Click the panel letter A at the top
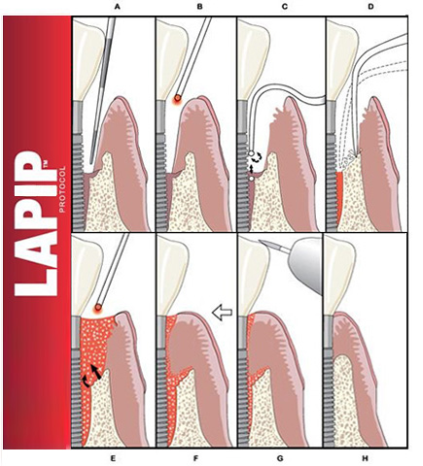(117, 7)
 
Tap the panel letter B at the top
(199, 7)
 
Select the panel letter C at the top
(285, 7)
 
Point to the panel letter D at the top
(370, 7)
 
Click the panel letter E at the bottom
(113, 458)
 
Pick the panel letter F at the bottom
(195, 458)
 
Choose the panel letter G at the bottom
(280, 458)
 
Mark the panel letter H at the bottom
(366, 458)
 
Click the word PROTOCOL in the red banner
(62, 189)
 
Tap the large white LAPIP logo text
(36, 223)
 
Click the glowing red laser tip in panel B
(177, 98)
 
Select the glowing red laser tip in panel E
(97, 308)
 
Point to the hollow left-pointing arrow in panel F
(222, 313)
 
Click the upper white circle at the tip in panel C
(251, 153)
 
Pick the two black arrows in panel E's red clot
(91, 376)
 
